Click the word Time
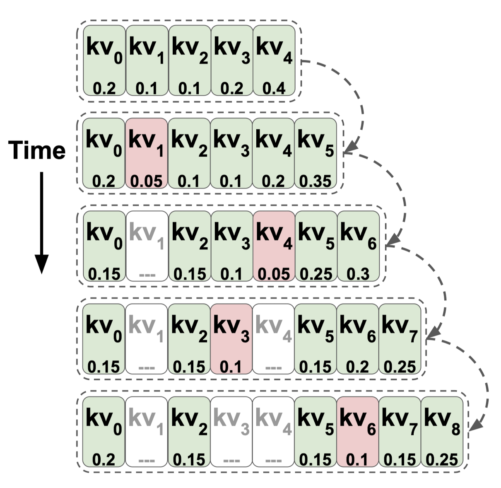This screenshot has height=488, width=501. (37, 150)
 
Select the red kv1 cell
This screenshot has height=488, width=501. (147, 154)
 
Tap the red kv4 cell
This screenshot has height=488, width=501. (274, 246)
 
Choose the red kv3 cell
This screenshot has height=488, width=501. (231, 339)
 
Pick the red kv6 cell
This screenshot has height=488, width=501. (357, 432)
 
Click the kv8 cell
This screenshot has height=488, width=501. (442, 432)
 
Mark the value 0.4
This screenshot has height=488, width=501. (274, 89)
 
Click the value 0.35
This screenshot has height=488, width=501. (316, 181)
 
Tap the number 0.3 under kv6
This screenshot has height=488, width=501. (358, 274)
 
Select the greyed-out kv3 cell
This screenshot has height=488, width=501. (231, 432)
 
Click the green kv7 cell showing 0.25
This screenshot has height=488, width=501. (400, 339)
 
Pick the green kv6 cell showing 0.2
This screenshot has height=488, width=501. (357, 339)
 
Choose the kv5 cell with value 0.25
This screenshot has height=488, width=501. (316, 246)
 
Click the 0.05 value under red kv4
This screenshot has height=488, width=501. (274, 274)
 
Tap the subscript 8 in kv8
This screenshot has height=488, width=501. (455, 429)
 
